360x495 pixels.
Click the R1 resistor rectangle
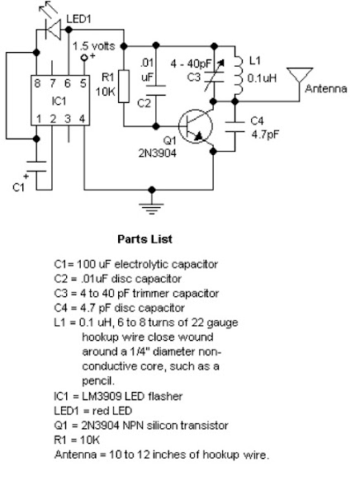[x=124, y=89]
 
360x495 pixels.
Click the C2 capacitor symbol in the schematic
[x=154, y=91]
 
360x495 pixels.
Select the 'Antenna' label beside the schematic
[x=324, y=87]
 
